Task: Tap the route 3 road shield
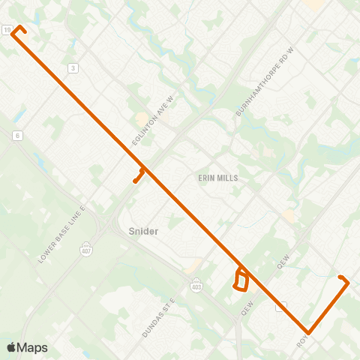tap(73, 68)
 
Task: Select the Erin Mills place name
tap(217, 178)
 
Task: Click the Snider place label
tap(142, 231)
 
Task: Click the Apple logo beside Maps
tap(12, 347)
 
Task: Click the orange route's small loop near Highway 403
tap(241, 280)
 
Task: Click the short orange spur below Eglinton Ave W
tap(138, 177)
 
